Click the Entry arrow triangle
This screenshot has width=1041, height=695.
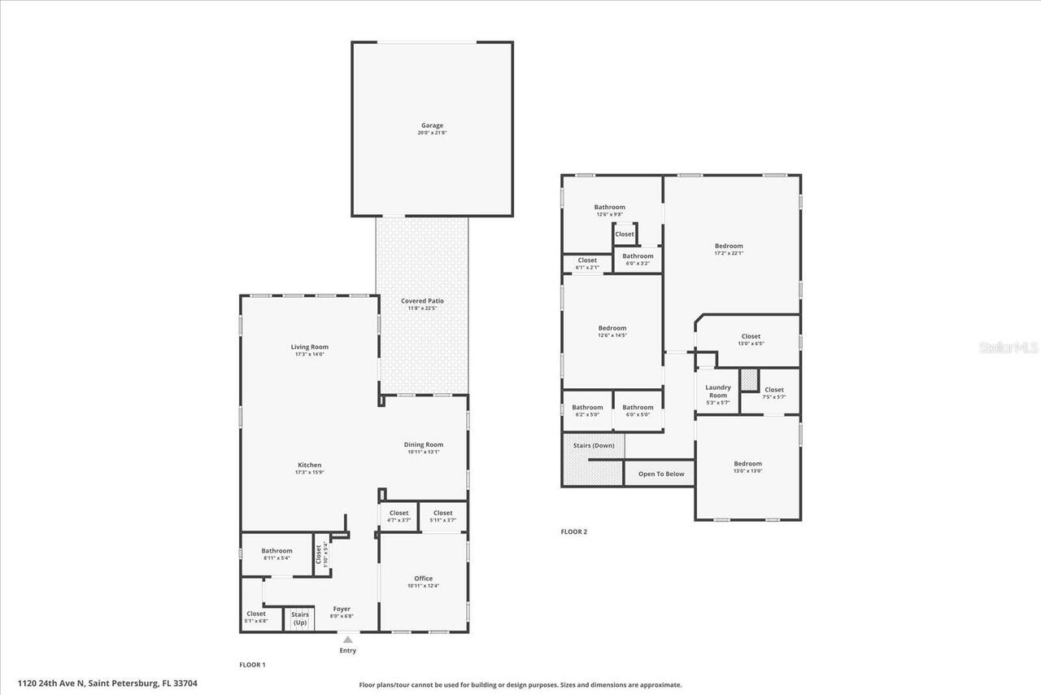tap(347, 640)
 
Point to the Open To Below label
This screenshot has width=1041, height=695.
tap(661, 474)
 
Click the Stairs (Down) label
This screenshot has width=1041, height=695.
tap(593, 445)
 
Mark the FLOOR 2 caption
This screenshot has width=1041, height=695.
tap(573, 531)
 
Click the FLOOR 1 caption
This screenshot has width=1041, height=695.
tap(252, 665)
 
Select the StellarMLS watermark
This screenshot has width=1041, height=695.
tap(1008, 347)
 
